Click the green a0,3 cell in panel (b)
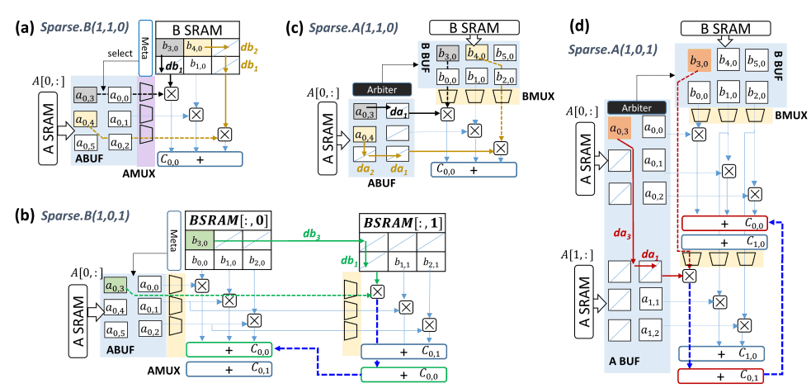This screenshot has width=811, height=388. (x=117, y=286)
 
